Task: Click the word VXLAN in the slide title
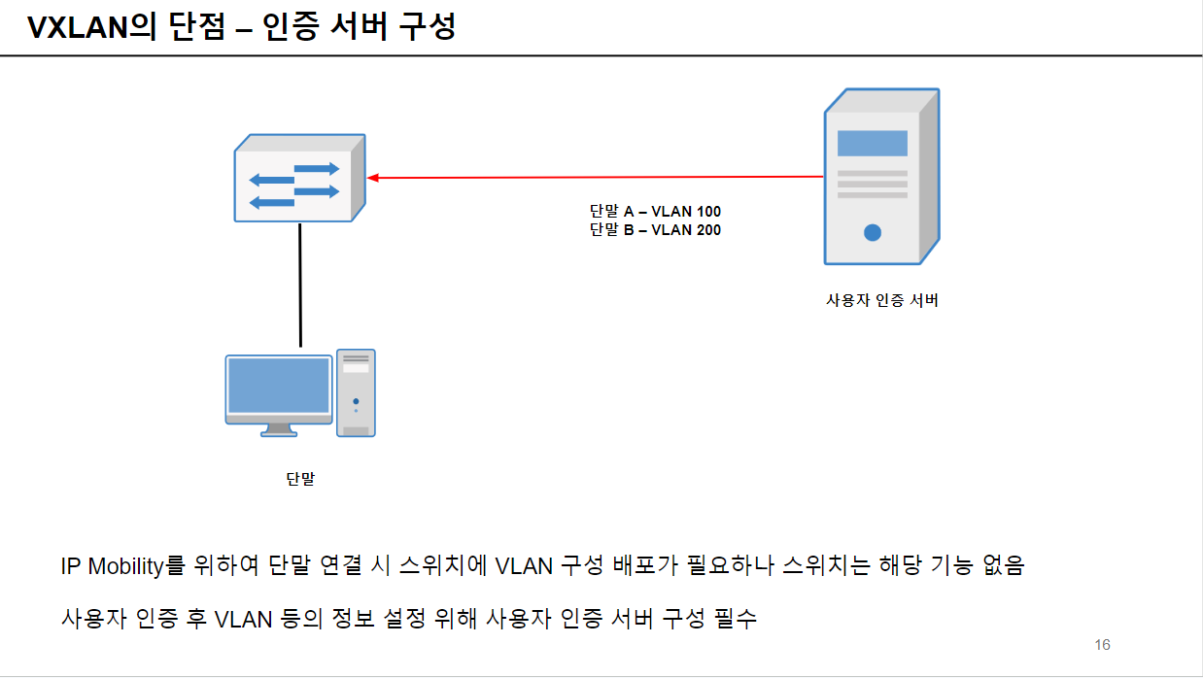point(79,27)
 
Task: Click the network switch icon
point(299,180)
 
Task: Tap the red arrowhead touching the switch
point(373,178)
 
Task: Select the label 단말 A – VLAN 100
point(655,212)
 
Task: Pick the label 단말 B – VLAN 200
point(655,230)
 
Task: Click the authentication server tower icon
point(880,178)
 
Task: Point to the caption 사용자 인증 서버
point(881,300)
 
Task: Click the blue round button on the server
point(873,232)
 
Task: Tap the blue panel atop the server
point(872,143)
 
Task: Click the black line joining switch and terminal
point(300,284)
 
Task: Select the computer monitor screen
point(279,386)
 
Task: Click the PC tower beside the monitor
point(356,392)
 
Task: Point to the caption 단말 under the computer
point(300,479)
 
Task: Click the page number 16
point(1102,645)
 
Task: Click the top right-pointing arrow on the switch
point(318,169)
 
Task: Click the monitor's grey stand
point(279,428)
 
